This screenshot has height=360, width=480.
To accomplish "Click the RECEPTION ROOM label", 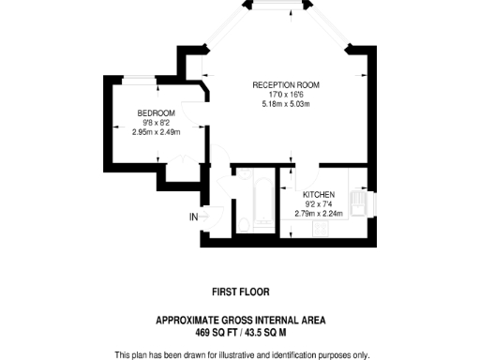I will tap(286, 85).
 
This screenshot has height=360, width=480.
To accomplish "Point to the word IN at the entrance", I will tap(194, 217).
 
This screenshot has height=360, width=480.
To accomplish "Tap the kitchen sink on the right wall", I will tap(357, 201).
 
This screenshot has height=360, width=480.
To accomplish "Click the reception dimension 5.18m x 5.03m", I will tap(286, 104).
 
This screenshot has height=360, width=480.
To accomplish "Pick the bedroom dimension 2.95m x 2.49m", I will tap(156, 131).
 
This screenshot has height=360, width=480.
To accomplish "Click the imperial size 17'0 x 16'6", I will tap(286, 95).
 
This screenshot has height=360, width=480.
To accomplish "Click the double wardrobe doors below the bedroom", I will tap(205, 169).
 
